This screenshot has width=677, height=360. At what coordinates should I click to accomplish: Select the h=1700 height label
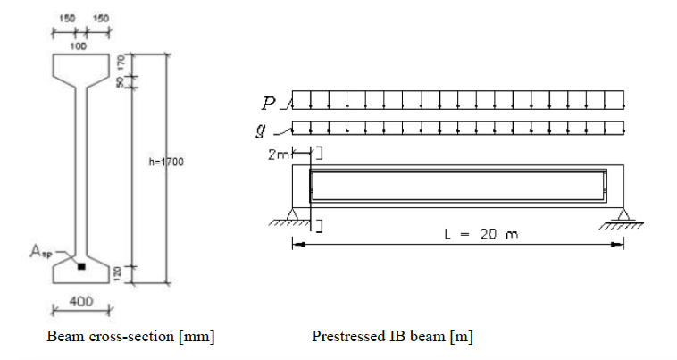click(166, 163)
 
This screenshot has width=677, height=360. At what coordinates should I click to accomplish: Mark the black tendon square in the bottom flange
click(81, 266)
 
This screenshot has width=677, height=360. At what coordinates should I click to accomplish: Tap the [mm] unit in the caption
click(196, 337)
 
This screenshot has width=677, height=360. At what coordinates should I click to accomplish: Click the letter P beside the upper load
click(272, 104)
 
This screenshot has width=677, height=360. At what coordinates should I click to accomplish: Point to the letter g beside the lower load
click(272, 130)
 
